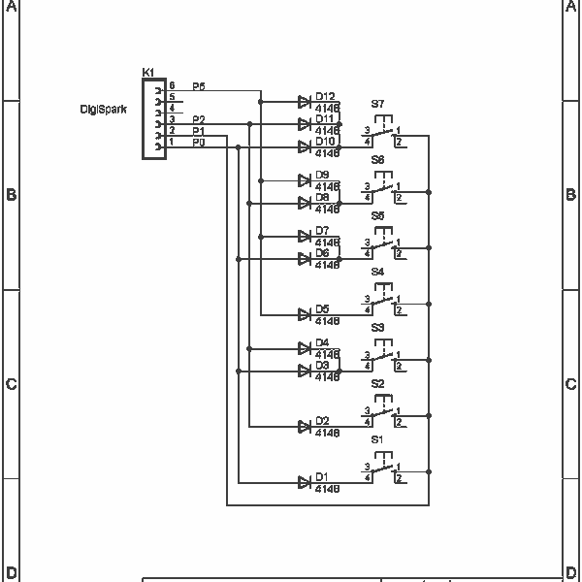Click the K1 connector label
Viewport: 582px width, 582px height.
click(x=147, y=73)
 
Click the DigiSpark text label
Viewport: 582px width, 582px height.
click(x=104, y=110)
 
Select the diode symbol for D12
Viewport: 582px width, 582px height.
click(x=305, y=101)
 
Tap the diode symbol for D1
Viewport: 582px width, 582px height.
click(x=305, y=482)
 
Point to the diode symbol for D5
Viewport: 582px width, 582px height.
click(x=305, y=314)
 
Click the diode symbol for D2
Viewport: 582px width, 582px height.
click(x=305, y=426)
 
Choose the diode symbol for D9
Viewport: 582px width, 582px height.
click(x=305, y=179)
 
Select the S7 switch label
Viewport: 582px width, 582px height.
click(x=377, y=103)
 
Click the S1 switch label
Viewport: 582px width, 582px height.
click(x=377, y=439)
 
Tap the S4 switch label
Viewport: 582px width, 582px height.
click(x=377, y=272)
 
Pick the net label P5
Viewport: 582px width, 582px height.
click(x=198, y=86)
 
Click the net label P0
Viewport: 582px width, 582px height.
click(x=198, y=143)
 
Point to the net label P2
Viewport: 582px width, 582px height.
click(x=198, y=119)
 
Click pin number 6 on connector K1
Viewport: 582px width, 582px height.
click(x=172, y=86)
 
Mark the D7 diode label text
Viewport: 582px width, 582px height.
click(x=322, y=231)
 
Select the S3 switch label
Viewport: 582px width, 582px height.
click(x=377, y=328)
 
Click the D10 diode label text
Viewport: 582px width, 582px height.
click(x=325, y=142)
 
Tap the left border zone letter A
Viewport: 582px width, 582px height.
click(x=11, y=6)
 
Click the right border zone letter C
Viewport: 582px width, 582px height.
click(x=570, y=384)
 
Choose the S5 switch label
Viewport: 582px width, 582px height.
click(x=377, y=215)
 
